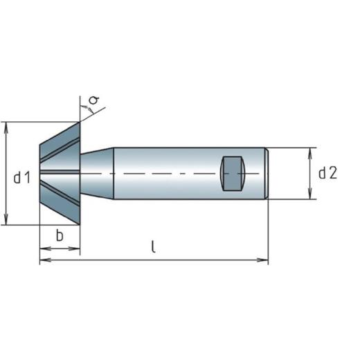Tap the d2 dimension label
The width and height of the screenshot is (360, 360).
tap(327, 174)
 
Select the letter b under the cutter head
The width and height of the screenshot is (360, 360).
tap(60, 235)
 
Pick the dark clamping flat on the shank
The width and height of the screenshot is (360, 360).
tap(233, 174)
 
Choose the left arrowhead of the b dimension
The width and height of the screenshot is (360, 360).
tap(42, 249)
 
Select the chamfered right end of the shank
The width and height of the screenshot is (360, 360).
tap(265, 173)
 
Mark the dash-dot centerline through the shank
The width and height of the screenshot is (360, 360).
tap(173, 173)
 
